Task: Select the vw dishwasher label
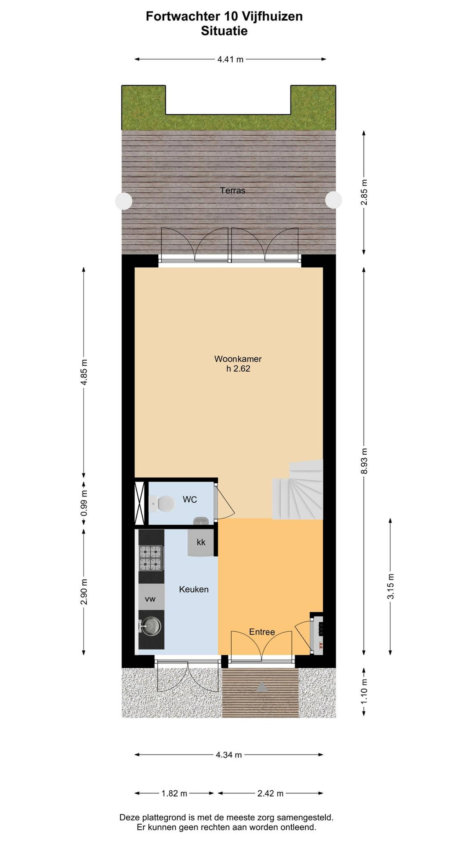tap(150, 599)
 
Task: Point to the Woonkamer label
tap(238, 359)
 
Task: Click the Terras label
tap(232, 190)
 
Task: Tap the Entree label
tap(262, 632)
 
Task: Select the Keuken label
tap(194, 589)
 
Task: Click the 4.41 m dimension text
tap(230, 60)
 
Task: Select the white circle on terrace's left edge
tap(124, 201)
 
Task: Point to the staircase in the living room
tap(298, 490)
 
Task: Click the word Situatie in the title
tap(224, 31)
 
